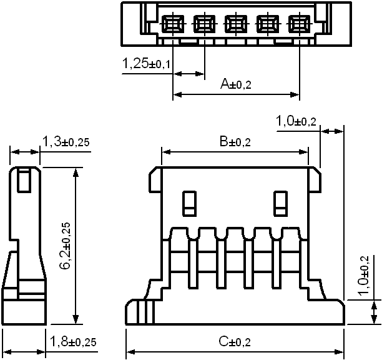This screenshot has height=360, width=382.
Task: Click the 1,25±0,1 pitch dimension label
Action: pyautogui.click(x=146, y=63)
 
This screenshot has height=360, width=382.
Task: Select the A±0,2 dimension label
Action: pyautogui.click(x=235, y=84)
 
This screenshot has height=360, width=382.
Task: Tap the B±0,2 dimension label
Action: pyautogui.click(x=235, y=141)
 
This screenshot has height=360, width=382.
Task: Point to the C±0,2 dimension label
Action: pyautogui.click(x=235, y=341)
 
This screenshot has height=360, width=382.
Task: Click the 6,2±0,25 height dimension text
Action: pyautogui.click(x=66, y=246)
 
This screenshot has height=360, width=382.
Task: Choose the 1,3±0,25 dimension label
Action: pyautogui.click(x=66, y=141)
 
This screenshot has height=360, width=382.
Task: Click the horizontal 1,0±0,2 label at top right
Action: pyautogui.click(x=296, y=121)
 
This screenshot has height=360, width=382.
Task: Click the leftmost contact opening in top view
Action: pyautogui.click(x=173, y=24)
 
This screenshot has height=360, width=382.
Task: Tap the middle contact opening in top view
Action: pyautogui.click(x=236, y=24)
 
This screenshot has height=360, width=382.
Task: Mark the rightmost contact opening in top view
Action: pyautogui.click(x=299, y=24)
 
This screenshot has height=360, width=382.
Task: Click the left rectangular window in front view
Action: pyautogui.click(x=190, y=203)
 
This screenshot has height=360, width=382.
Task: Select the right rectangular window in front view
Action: pyautogui.click(x=280, y=203)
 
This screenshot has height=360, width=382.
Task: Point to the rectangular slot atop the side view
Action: pyautogui.click(x=24, y=180)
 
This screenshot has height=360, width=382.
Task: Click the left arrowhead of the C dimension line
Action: pyautogui.click(x=131, y=352)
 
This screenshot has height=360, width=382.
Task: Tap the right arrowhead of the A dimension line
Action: pyautogui.click(x=295, y=94)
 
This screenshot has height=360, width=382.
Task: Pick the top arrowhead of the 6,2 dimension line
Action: pyautogui.click(x=76, y=172)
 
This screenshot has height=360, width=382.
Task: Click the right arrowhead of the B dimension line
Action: pyautogui.click(x=304, y=152)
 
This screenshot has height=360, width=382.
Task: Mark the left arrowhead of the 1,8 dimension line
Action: pyautogui.click(x=7, y=352)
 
